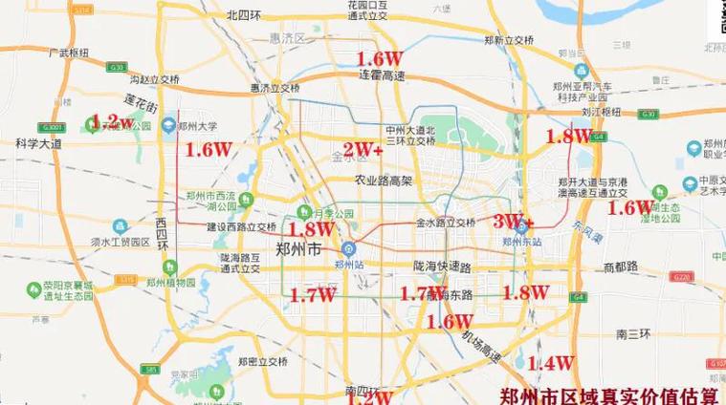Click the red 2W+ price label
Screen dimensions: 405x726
(363, 149)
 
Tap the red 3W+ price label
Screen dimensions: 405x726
(514, 220)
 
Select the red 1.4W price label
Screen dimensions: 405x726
(550, 363)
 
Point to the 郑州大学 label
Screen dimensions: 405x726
(200, 125)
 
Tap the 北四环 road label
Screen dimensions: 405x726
(244, 15)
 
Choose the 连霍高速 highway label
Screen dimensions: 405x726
(384, 74)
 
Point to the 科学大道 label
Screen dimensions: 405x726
(38, 143)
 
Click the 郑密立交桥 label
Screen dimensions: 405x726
(261, 361)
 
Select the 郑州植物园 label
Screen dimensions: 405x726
(177, 283)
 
